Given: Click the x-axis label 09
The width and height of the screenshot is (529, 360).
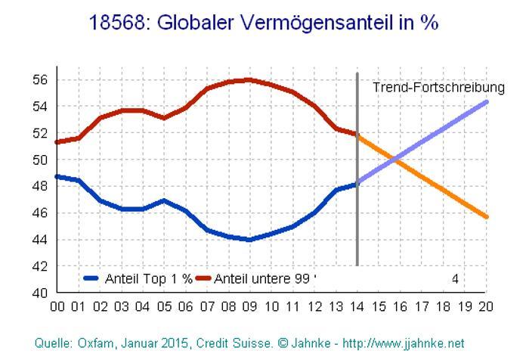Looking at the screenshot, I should coord(250,307).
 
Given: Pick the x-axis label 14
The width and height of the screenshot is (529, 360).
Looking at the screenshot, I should coord(357,307).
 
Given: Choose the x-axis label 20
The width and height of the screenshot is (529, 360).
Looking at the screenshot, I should coord(486,307).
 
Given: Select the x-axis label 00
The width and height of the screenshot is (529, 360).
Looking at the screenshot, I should coord(57,307).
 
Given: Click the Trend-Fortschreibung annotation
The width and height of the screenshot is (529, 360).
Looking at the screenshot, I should coord(439,88).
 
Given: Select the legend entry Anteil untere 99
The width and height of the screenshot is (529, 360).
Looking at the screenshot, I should coord(261,278).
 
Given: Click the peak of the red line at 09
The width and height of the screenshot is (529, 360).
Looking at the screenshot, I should coord(249,79).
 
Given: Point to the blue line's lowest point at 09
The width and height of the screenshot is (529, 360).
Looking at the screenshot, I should coord(249,240).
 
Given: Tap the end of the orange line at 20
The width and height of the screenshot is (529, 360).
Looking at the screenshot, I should coord(486,217).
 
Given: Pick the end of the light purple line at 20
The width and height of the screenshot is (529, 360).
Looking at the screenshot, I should coord(486,101).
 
